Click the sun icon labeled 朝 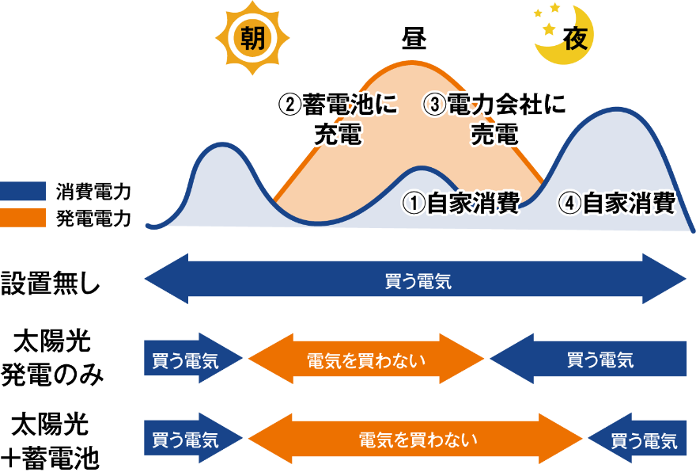click(x=252, y=38)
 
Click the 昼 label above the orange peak click(x=414, y=39)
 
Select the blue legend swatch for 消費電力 click(x=23, y=191)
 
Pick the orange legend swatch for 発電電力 click(x=23, y=218)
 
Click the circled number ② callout click(x=289, y=105)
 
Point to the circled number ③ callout click(x=435, y=105)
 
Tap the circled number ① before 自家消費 click(x=414, y=204)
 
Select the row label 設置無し click(x=51, y=283)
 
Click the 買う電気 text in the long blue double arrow click(x=418, y=281)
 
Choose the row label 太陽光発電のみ click(x=52, y=358)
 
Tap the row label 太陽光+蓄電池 click(x=50, y=441)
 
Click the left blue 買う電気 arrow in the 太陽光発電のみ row click(x=193, y=358)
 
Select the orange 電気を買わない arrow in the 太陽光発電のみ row click(x=366, y=359)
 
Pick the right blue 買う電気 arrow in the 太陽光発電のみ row click(x=588, y=359)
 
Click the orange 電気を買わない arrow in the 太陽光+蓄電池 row click(x=415, y=439)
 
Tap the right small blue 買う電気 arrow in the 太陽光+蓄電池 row click(x=637, y=439)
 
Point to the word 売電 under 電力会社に click(x=494, y=134)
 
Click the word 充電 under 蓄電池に click(x=339, y=134)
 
